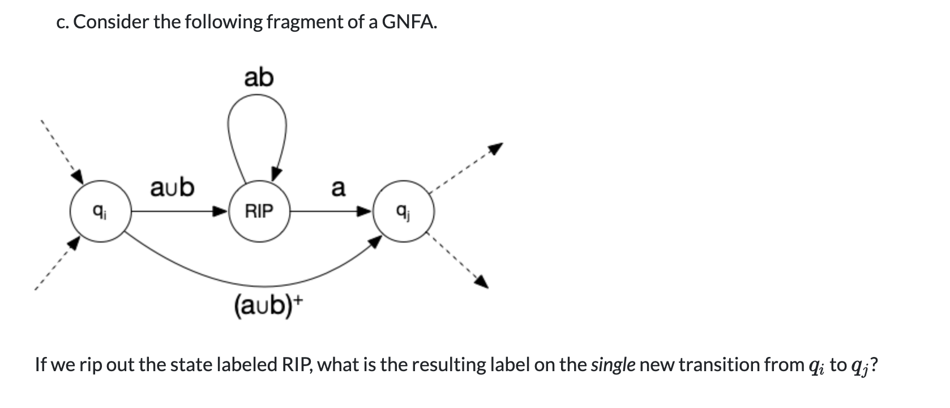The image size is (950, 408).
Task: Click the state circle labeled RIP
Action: [259, 212]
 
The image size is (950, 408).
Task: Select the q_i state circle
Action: [100, 212]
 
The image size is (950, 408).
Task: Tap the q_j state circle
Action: [403, 212]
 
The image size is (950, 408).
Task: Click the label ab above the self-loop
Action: [259, 78]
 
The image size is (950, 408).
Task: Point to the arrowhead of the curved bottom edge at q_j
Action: [375, 242]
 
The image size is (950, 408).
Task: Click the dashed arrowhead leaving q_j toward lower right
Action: [480, 280]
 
